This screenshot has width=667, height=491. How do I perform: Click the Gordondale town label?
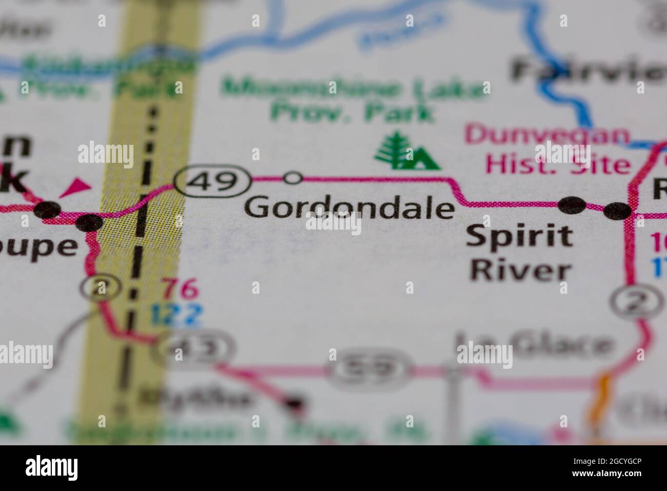349,209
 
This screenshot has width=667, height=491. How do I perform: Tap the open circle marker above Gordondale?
293,178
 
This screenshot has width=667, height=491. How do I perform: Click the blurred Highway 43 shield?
196,349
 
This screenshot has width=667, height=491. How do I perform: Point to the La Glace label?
534,346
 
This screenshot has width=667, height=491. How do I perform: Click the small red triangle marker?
75,187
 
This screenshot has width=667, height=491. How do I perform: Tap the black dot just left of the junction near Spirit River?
572,205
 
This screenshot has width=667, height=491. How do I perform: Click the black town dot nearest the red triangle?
48,210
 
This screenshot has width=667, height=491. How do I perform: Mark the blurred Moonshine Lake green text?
354,88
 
